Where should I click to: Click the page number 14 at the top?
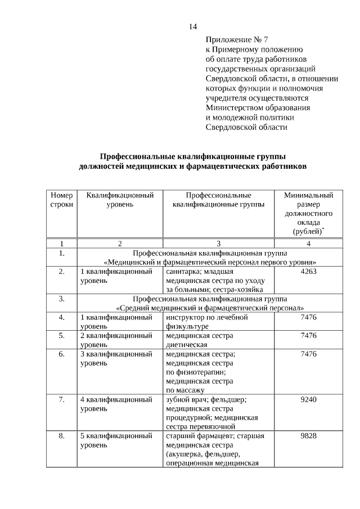[193, 26]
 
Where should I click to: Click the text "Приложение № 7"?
[237, 40]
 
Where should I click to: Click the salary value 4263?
[308, 272]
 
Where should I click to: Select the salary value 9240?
[308, 399]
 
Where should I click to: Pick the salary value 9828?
[308, 436]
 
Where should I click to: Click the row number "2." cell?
[61, 272]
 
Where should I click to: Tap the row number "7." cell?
[61, 399]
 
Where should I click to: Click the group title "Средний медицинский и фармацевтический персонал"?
[210, 308]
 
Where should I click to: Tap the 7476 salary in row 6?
[308, 354]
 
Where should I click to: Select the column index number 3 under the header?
[218, 244]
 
